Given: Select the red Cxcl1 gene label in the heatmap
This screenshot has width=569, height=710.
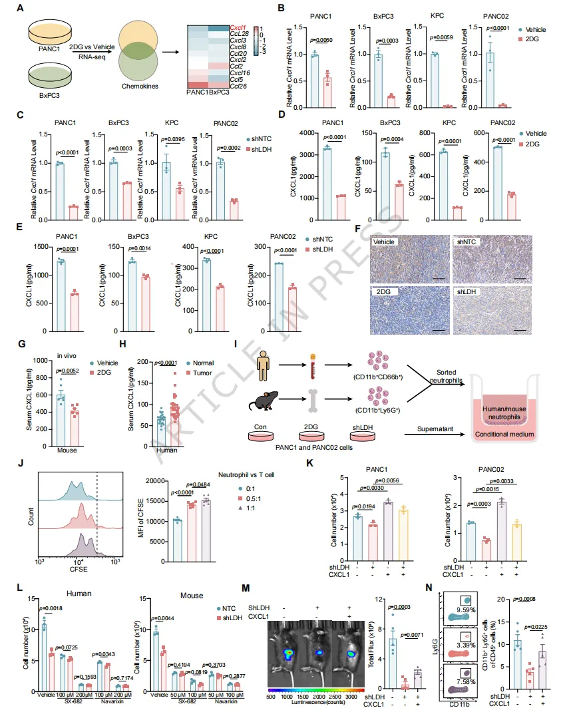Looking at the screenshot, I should coord(238,29).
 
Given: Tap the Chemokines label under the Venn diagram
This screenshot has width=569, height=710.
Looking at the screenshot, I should coord(134,85).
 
